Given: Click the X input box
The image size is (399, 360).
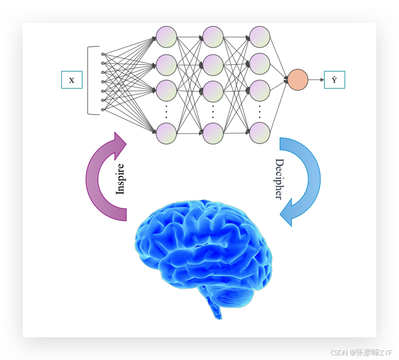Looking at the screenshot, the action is pos(72,80).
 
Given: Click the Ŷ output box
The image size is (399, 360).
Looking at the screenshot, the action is pos(334,80).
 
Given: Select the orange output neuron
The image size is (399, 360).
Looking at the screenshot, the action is pos(298,80).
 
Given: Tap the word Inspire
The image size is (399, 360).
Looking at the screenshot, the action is pos(120,179).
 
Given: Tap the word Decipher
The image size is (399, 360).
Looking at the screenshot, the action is pos(279,179).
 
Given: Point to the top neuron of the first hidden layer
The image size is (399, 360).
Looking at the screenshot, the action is pos(166,37).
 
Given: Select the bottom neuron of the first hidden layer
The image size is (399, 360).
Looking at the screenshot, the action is pos(166,133).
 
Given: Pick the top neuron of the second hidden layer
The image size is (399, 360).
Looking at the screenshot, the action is pos(213,37).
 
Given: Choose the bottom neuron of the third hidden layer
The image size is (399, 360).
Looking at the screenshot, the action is pos(260,133).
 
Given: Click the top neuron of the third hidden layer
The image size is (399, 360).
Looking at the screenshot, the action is pos(260,37).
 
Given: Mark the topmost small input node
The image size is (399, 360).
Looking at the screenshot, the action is pos(103,54).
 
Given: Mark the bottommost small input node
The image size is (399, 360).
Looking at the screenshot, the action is pos(103,110).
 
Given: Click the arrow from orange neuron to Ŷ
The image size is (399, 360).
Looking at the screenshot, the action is pos(316,80).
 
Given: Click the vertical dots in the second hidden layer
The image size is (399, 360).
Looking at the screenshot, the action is pos(213,112).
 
